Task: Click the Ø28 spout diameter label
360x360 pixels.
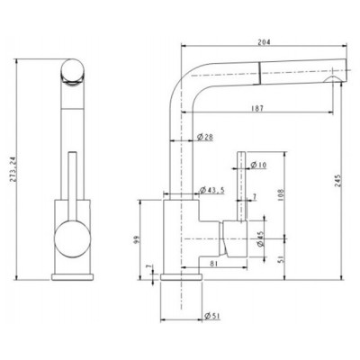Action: (204, 138)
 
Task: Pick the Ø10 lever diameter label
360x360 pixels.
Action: (257, 164)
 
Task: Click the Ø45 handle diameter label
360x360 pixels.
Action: (260, 238)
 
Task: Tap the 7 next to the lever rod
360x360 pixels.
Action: (256, 196)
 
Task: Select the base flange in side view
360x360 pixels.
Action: (181, 275)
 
